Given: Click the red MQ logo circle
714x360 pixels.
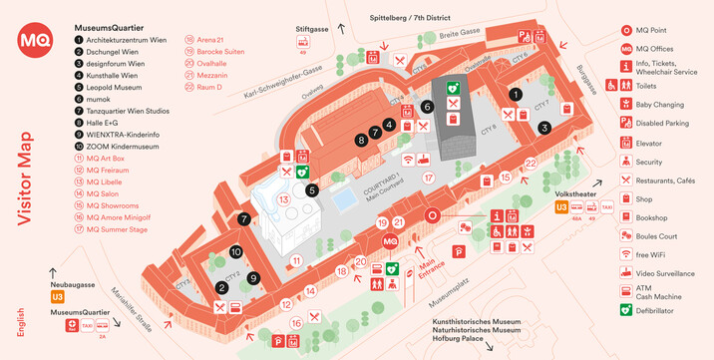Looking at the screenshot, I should click(34, 41).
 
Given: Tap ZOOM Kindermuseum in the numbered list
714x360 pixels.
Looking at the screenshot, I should click(122, 147).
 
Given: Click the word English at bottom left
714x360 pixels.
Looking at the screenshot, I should click(21, 324).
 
